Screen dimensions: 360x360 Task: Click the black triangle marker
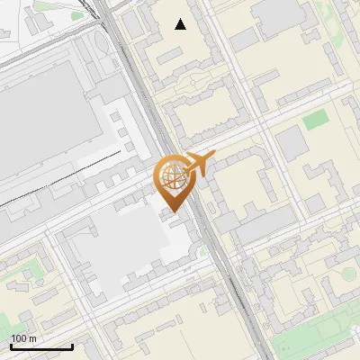181,24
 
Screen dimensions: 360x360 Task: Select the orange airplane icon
200,162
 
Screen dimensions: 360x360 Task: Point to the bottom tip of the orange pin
171,211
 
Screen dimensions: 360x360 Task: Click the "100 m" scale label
23,338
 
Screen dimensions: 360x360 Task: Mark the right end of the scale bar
72,346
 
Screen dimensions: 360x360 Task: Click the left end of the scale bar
10,346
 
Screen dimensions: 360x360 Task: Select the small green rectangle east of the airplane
314,120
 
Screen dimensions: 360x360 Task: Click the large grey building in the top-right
281,13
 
